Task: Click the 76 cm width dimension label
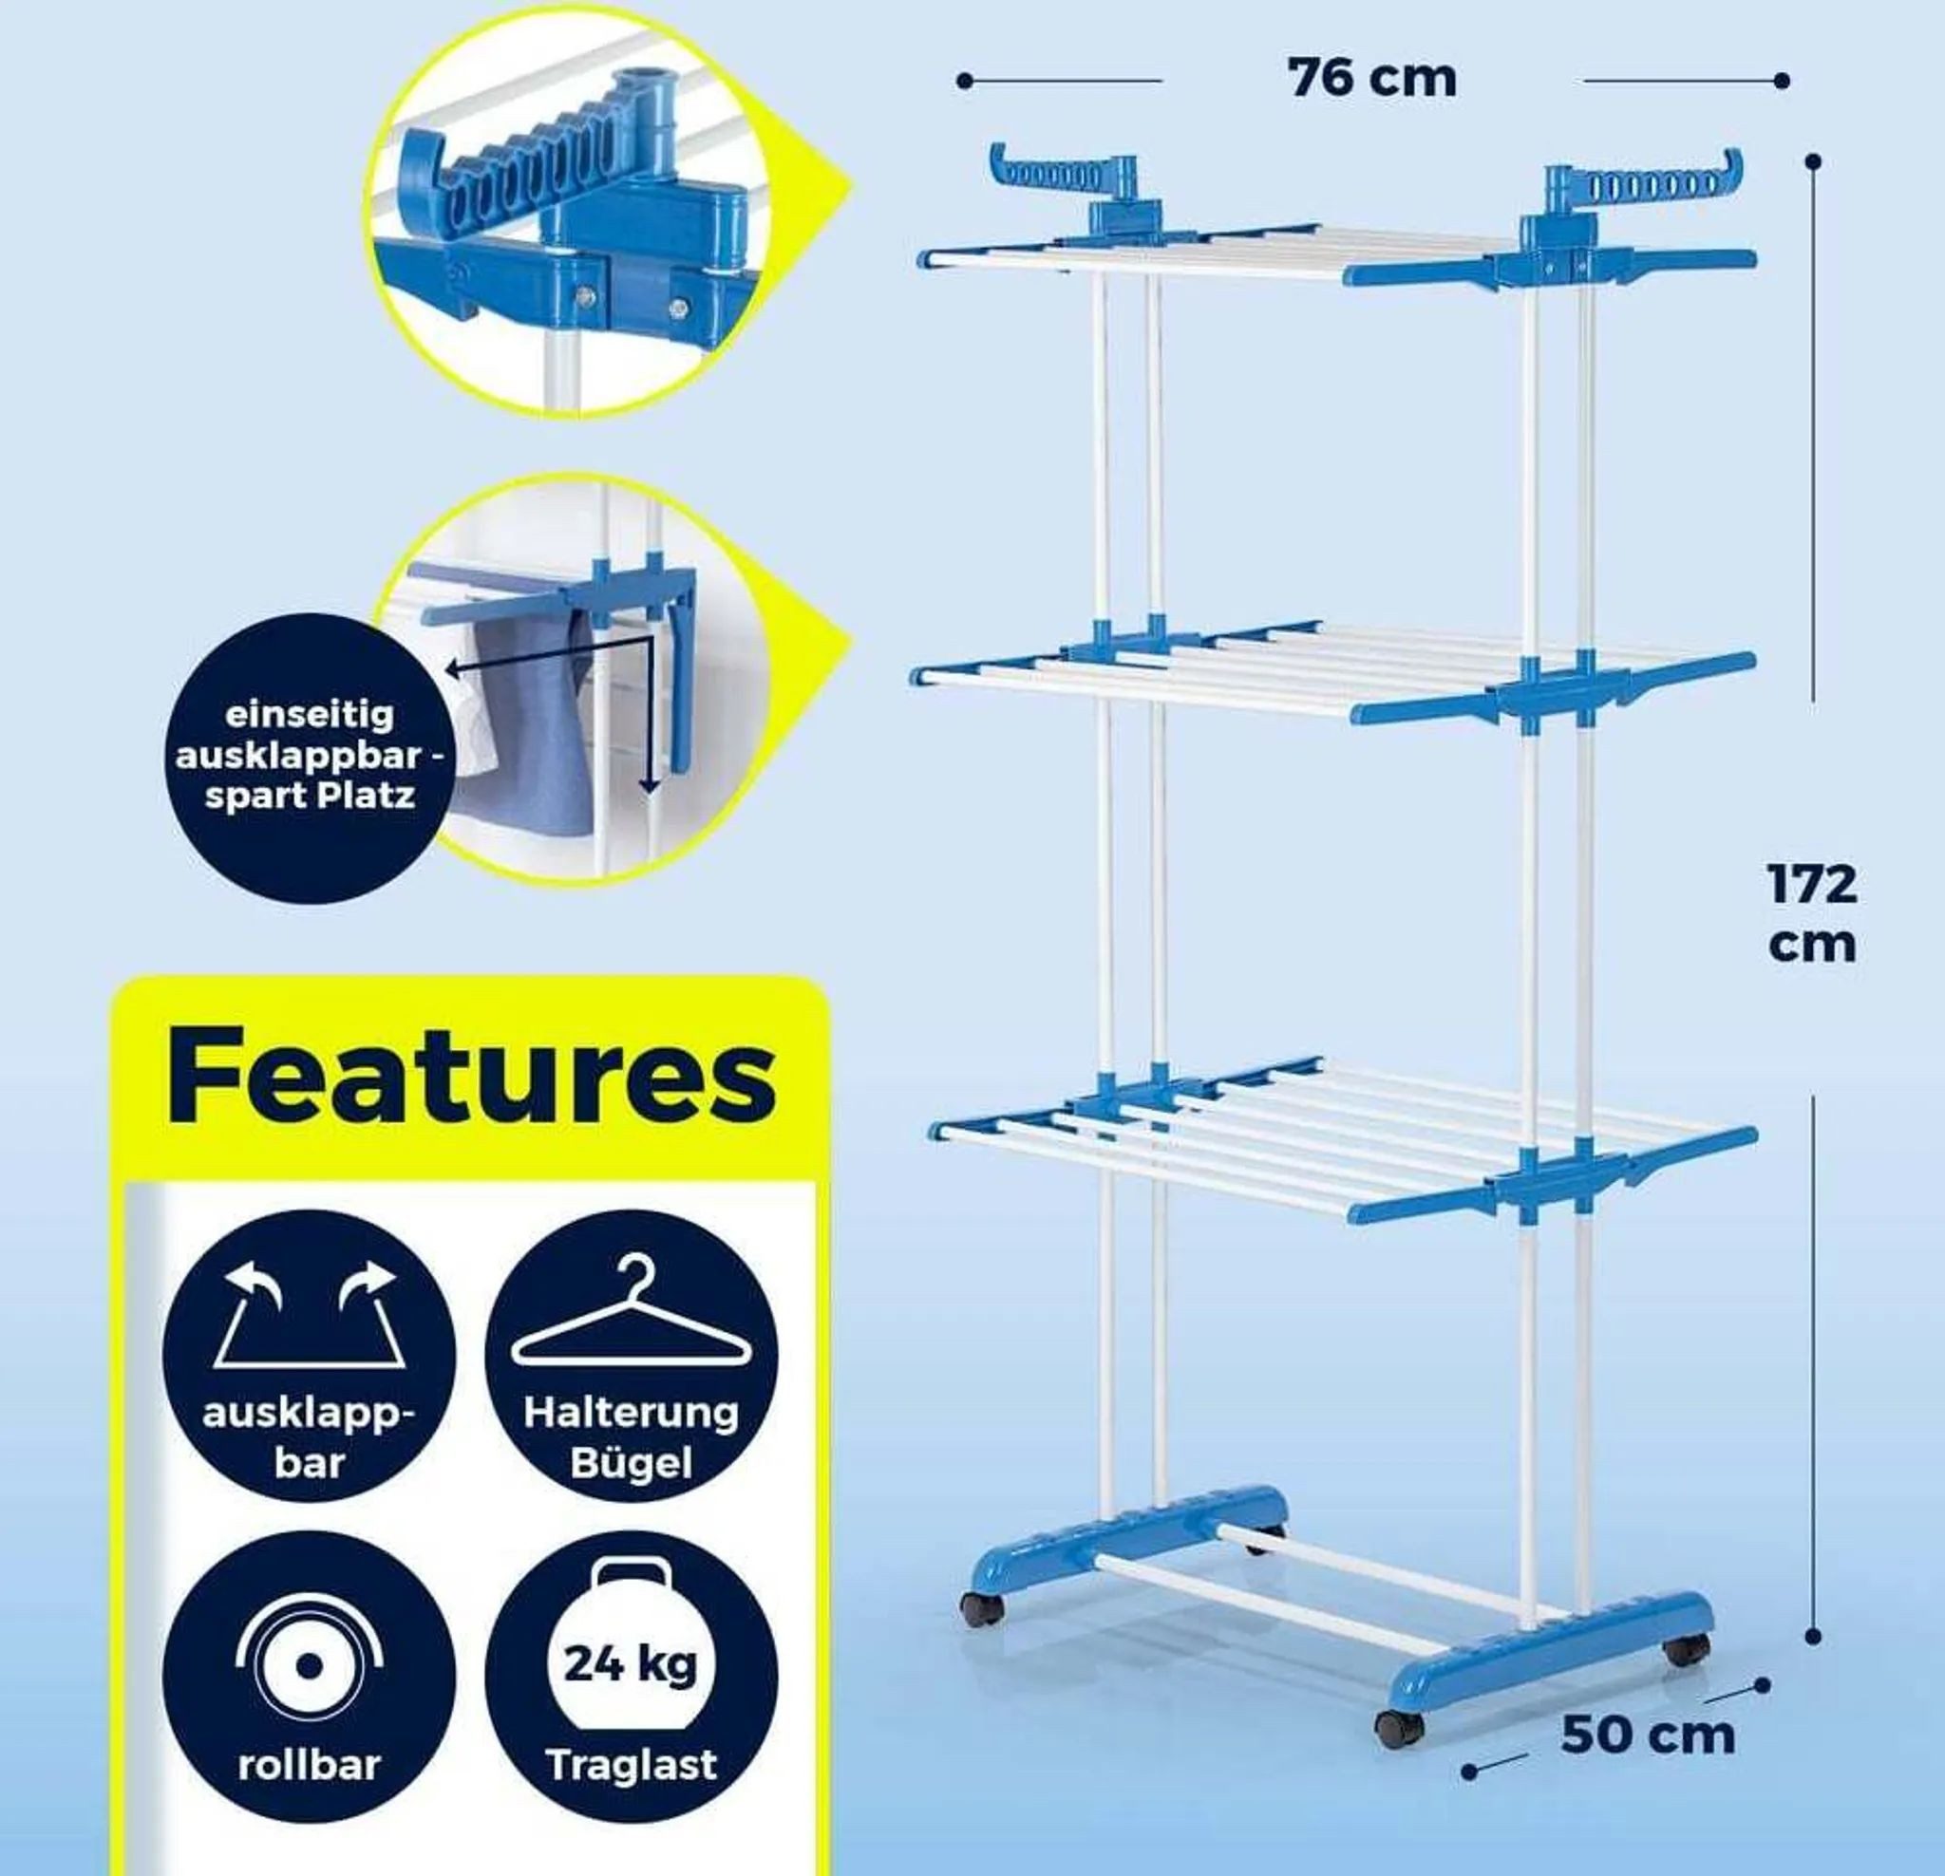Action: tap(1372, 78)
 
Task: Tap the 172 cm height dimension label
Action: tap(1811, 912)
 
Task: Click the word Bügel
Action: tap(631, 1462)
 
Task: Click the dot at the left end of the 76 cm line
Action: tap(965, 81)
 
